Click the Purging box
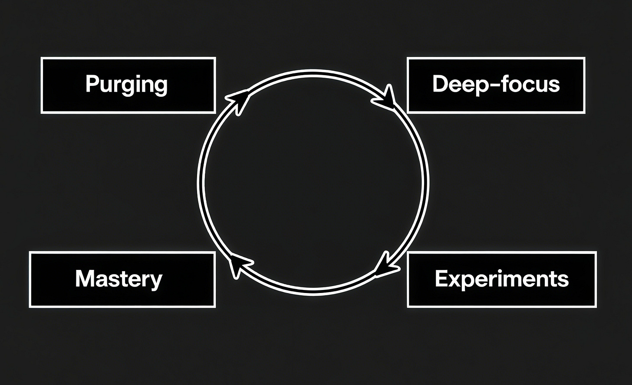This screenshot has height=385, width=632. pos(128,85)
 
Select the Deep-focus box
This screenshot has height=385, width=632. pos(496,85)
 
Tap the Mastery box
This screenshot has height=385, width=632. pos(122,280)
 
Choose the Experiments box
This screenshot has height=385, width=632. pos(502,280)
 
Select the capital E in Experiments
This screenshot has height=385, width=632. pos(440,279)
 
